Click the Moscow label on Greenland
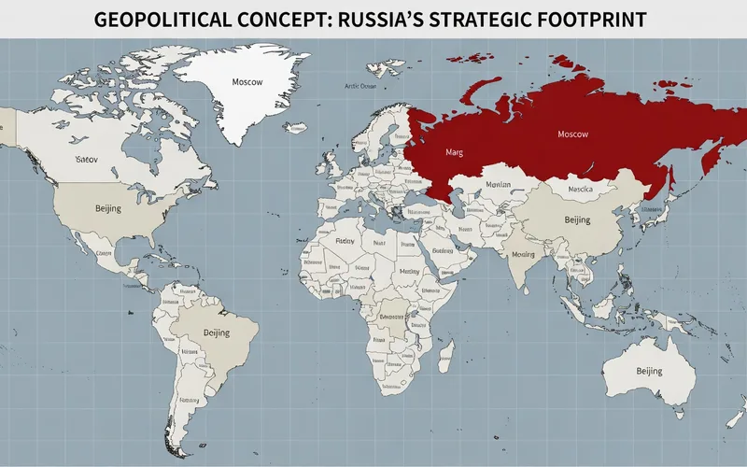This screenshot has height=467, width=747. [248, 81]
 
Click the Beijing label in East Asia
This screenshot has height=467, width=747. [578, 220]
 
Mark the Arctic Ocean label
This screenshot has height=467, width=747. [359, 86]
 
